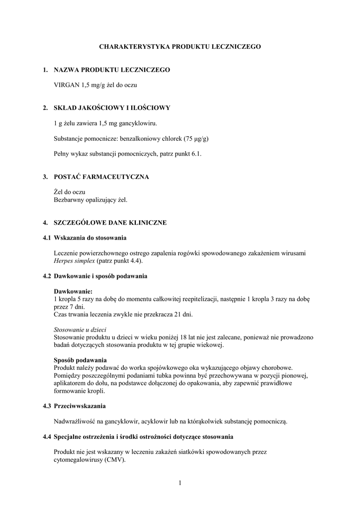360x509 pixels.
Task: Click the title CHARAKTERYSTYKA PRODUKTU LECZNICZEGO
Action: (x=180, y=46)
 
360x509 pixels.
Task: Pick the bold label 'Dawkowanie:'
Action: (x=73, y=291)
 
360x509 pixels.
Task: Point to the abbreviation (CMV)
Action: (x=114, y=460)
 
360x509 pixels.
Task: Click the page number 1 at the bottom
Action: (x=180, y=482)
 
